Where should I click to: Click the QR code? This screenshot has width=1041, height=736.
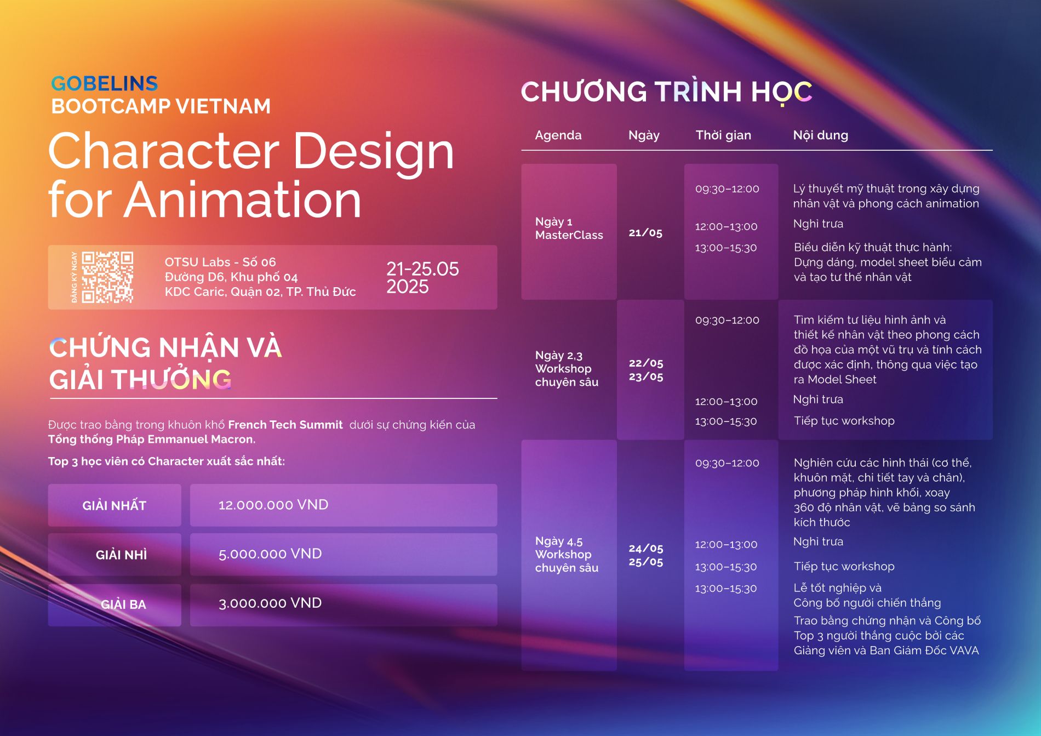(x=107, y=277)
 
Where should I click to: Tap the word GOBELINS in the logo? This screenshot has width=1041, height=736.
(x=105, y=83)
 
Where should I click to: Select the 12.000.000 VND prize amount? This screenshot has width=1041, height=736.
(x=273, y=505)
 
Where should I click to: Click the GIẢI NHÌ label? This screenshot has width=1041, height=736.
(x=121, y=555)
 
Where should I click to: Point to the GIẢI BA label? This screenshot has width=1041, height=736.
(x=123, y=604)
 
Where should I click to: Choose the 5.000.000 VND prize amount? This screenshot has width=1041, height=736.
(x=270, y=554)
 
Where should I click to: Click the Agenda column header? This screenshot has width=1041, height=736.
(x=558, y=135)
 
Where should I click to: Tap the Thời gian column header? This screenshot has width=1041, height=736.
(x=723, y=135)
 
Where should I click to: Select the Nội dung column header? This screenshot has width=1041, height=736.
(x=821, y=135)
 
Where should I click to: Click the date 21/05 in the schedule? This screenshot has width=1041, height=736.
(x=645, y=233)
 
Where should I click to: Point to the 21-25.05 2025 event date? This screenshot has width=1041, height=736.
(x=422, y=277)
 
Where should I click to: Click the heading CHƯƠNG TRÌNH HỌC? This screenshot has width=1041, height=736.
(x=667, y=92)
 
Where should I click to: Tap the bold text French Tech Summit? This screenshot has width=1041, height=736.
(x=285, y=425)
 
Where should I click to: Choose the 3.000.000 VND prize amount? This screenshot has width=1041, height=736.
(x=270, y=603)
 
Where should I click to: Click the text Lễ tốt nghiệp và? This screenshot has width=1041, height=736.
(x=838, y=588)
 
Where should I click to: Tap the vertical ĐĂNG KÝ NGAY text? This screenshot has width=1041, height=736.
(x=74, y=277)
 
